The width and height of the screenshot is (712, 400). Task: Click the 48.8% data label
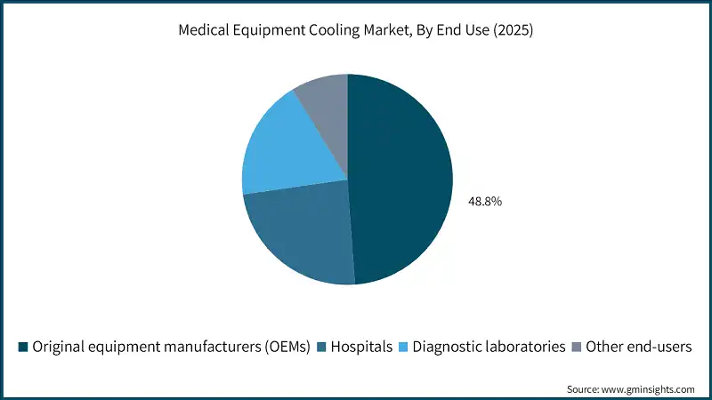point(485,202)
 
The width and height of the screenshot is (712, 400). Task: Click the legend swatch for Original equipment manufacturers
point(23,348)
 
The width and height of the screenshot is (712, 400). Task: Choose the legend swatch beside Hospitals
point(321,348)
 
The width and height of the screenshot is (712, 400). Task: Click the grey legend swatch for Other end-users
point(576,348)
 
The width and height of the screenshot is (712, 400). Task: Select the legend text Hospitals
point(361,348)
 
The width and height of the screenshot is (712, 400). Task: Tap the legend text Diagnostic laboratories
point(489,348)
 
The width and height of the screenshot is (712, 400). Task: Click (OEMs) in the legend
point(285,348)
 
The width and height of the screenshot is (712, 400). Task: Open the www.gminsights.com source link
point(649,389)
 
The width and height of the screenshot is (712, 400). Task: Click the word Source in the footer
point(584,389)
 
